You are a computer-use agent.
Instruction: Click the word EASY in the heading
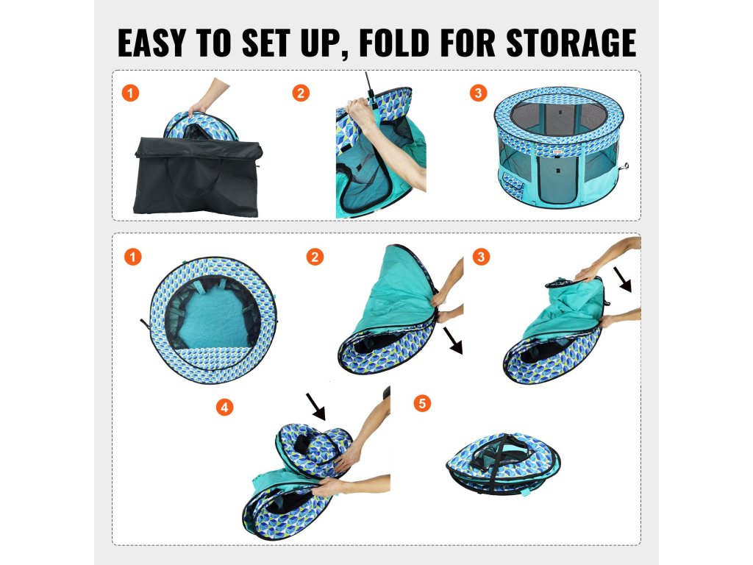point(151,43)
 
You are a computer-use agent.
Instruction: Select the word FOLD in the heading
point(394,43)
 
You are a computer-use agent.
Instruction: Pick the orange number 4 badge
point(224,408)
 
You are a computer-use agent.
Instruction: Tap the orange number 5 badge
point(422,403)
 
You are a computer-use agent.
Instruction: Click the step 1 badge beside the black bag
point(131,93)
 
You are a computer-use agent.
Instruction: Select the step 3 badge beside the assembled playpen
point(478,93)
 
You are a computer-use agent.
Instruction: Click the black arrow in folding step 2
point(452,341)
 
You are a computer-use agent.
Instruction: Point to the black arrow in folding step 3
point(622,279)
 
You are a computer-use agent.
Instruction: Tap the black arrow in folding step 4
point(315,406)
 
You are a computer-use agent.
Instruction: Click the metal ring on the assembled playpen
point(626,166)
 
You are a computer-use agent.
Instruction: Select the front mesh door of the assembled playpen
point(557,180)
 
